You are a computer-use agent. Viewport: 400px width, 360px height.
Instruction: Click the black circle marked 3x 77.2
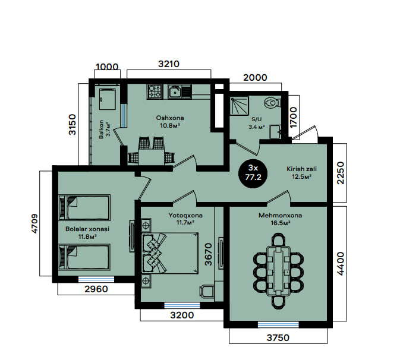click(253, 173)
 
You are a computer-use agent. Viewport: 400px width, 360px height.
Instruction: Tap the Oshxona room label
click(170, 118)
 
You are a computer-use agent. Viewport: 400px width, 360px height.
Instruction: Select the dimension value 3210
click(169, 64)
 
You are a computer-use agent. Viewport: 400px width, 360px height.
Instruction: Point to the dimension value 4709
click(34, 223)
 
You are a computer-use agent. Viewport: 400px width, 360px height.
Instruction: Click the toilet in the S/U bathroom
click(272, 103)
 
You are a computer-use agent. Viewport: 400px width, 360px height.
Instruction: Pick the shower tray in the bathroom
click(239, 106)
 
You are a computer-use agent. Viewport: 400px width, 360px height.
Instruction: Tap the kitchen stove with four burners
click(155, 91)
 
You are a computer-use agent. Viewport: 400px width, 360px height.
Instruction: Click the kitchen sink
click(175, 91)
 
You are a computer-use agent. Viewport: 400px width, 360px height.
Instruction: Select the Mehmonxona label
click(280, 216)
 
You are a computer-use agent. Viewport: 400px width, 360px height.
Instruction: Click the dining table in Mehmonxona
click(278, 271)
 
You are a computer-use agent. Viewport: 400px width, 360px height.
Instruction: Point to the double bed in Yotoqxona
click(170, 253)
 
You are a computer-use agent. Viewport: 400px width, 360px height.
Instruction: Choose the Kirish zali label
click(301, 169)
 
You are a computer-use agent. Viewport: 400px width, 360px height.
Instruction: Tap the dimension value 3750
click(278, 338)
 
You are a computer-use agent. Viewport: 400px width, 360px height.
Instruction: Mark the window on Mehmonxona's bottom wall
click(278, 324)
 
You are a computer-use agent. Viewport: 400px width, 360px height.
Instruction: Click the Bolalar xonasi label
click(87, 229)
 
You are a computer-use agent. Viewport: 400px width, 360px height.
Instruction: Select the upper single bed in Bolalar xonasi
click(84, 207)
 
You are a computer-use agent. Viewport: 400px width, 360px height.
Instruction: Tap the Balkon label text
click(101, 129)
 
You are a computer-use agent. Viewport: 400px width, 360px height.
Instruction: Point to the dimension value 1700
click(294, 117)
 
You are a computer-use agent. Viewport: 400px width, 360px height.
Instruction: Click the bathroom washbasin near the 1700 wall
click(276, 131)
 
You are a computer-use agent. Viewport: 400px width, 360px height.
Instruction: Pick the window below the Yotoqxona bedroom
click(182, 305)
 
